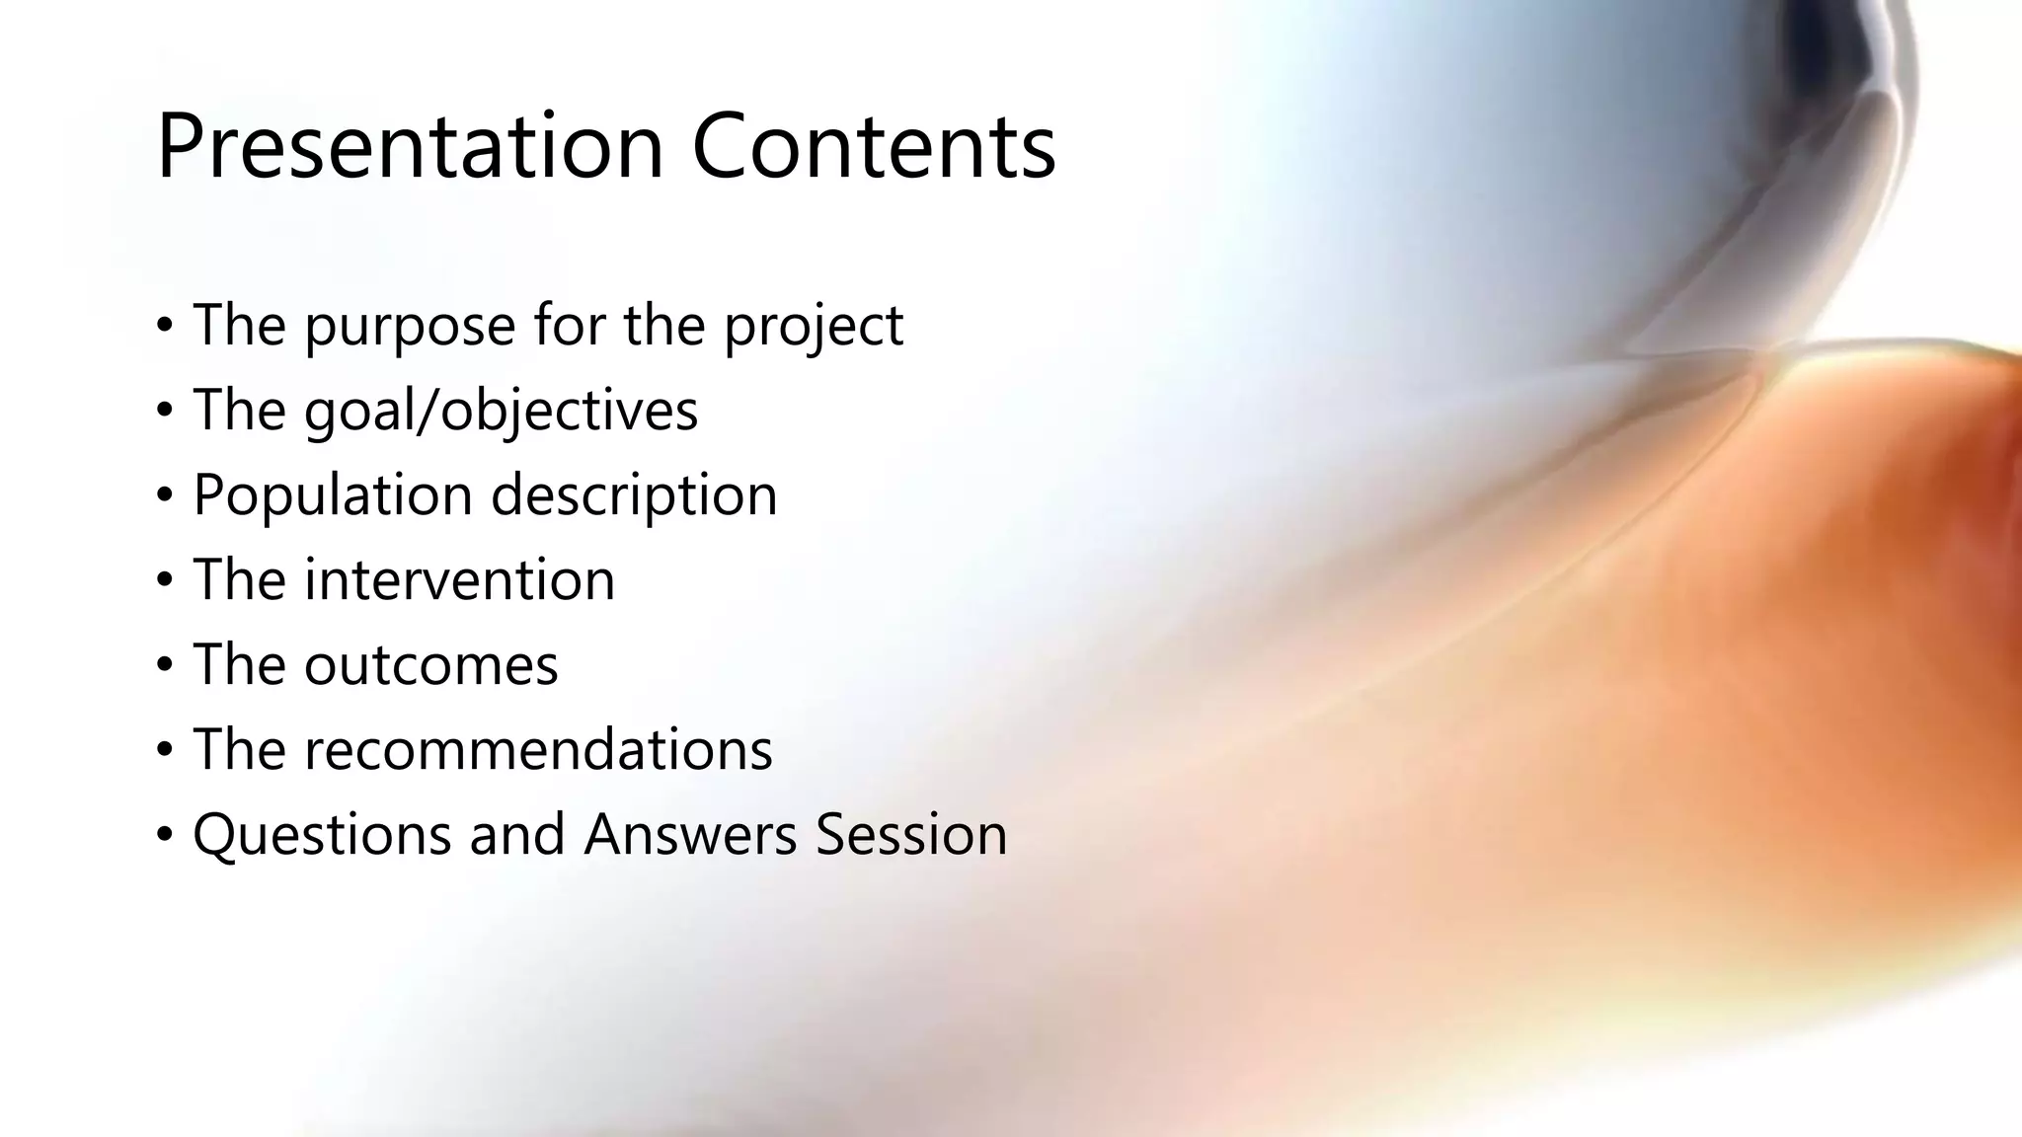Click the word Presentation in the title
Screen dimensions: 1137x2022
(x=409, y=148)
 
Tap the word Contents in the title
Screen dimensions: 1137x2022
(x=874, y=148)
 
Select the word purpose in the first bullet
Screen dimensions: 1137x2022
(x=410, y=328)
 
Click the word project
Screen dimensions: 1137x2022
(x=814, y=328)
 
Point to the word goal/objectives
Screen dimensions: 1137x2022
(x=501, y=412)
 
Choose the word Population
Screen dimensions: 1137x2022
(x=333, y=495)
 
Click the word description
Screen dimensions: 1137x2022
(x=634, y=495)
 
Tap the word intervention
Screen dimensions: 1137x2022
(x=459, y=579)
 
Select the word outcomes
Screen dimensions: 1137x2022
(x=430, y=664)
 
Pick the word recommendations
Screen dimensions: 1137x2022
(x=538, y=749)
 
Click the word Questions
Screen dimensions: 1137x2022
(x=322, y=835)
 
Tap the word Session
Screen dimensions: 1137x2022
(x=911, y=835)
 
